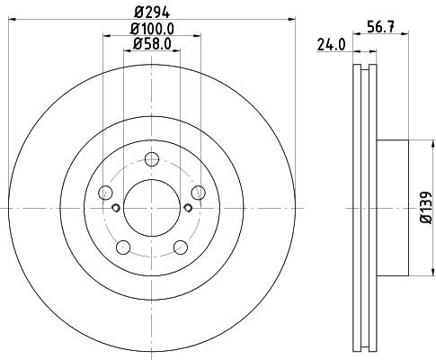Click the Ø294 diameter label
[150, 13]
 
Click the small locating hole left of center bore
[115, 209]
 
